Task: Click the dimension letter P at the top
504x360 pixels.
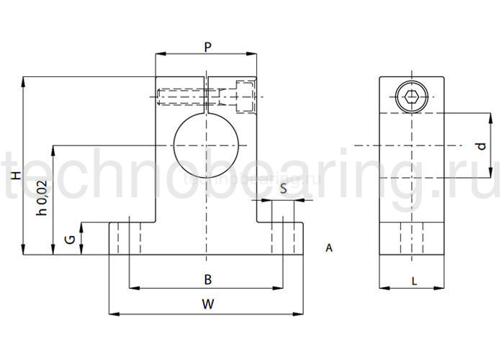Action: pos(207,47)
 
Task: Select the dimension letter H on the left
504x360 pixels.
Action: pos(14,177)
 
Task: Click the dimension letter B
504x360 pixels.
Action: pos(207,279)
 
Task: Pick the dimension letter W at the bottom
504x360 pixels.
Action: pos(207,304)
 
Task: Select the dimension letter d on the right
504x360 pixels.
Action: pos(481,145)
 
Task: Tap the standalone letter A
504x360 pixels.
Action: pos(329,248)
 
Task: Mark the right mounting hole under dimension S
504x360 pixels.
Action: pos(283,238)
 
